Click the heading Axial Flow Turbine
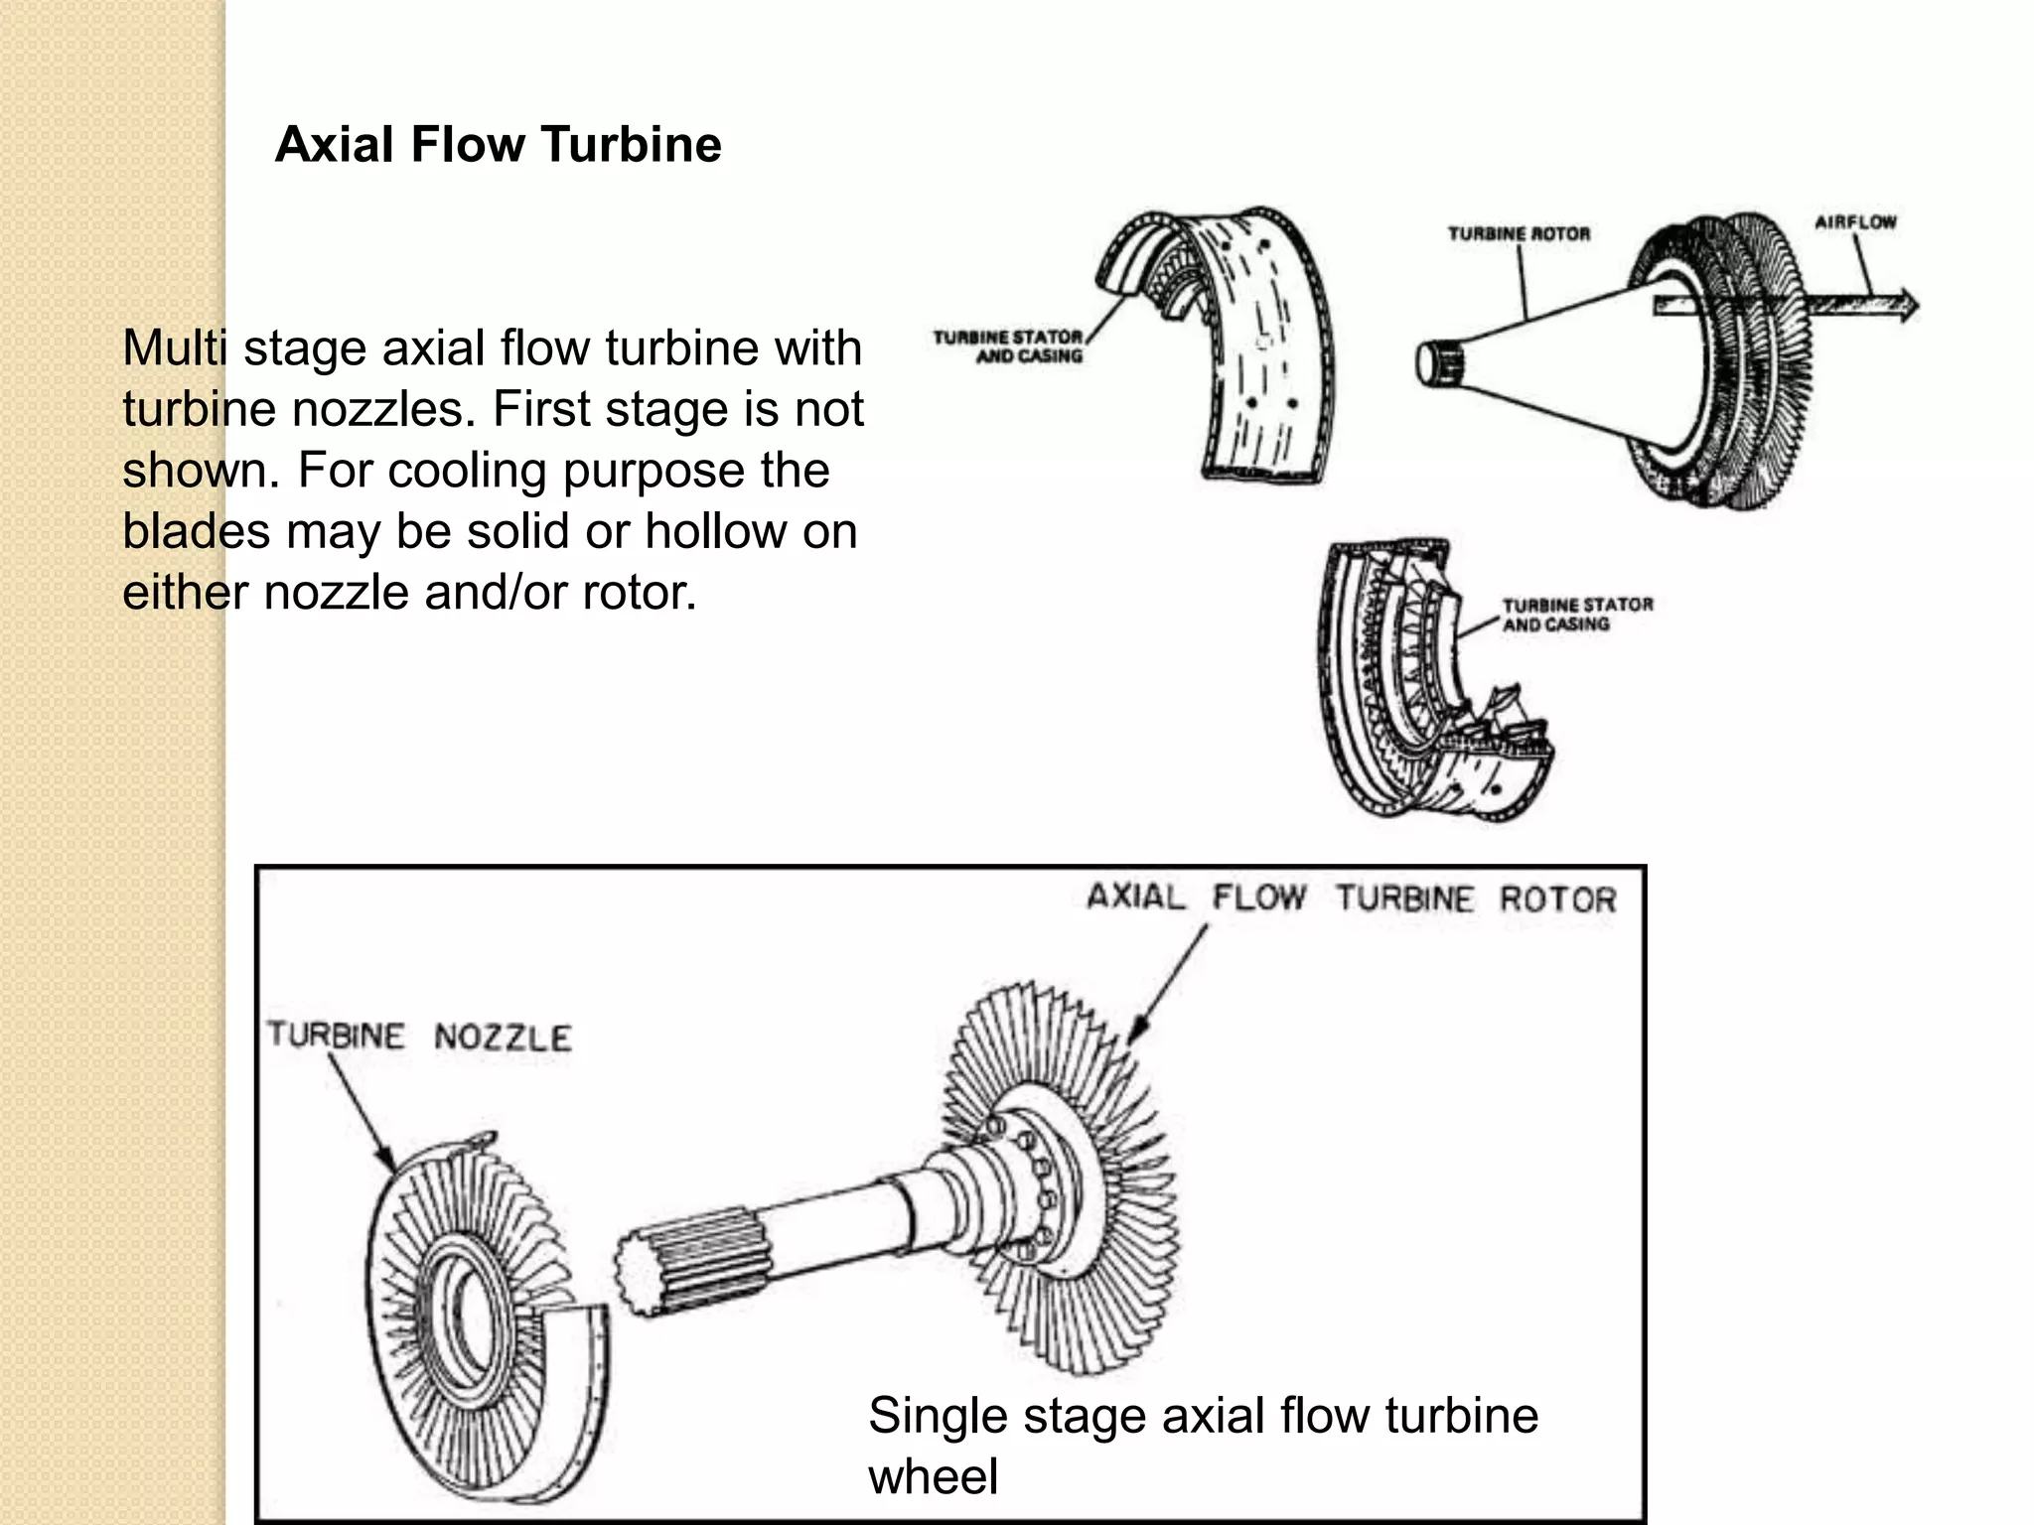pos(498,145)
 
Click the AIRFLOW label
pos(1855,222)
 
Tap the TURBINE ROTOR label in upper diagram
pos(1519,234)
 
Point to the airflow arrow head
pos(1907,305)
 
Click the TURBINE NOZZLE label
pos(419,1037)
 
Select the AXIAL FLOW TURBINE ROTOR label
pos(1351,899)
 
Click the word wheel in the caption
pos(933,1476)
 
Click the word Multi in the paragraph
pos(175,348)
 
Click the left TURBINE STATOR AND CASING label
pos(1007,347)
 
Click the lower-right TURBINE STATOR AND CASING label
pos(1577,615)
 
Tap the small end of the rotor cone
pos(1438,363)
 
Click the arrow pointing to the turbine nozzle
pos(362,1111)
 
